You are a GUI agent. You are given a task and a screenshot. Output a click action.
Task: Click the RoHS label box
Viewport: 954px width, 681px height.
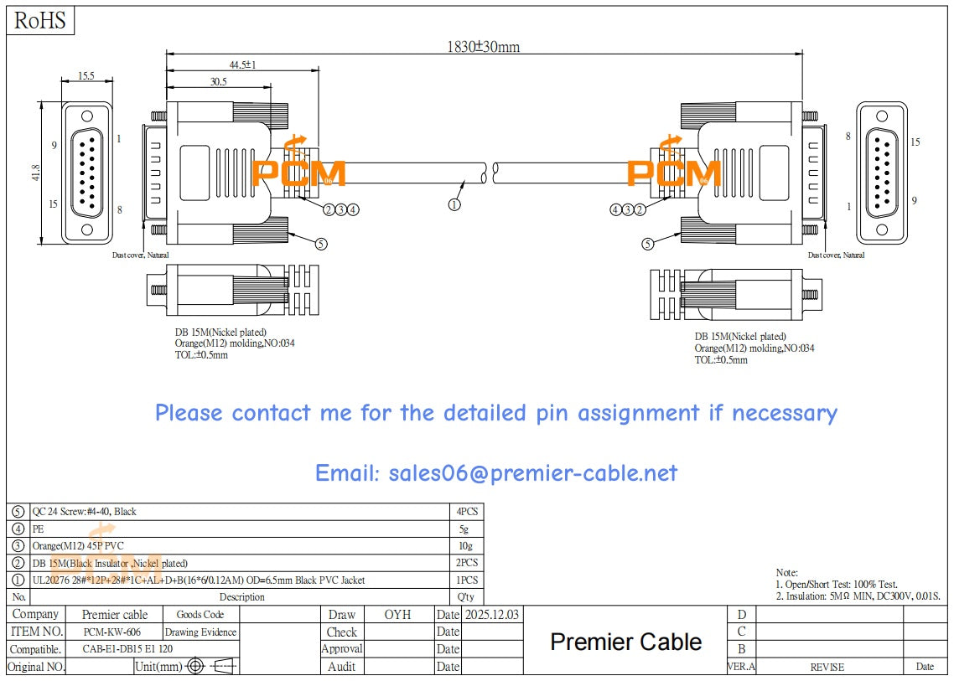tap(40, 21)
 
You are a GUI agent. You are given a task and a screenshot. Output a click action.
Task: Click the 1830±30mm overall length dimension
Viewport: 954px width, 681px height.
tap(482, 47)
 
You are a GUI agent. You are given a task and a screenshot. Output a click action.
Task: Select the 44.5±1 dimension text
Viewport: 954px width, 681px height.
tap(242, 64)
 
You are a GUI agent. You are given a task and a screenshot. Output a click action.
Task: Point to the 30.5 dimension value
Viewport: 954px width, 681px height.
tap(219, 82)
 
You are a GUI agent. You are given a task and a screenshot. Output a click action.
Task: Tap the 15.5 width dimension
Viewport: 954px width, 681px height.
tap(86, 76)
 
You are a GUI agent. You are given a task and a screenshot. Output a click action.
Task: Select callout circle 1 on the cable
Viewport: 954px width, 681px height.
tap(454, 204)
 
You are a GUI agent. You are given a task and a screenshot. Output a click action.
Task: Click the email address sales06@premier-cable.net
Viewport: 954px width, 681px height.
tap(495, 473)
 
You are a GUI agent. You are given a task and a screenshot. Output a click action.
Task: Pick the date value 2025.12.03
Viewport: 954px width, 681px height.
tap(492, 614)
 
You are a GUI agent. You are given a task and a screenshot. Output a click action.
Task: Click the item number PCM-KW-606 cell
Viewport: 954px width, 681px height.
tap(112, 632)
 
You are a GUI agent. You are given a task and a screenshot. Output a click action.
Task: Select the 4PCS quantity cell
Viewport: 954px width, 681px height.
tap(466, 511)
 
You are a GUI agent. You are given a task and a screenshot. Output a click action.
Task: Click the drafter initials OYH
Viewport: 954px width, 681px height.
tap(397, 614)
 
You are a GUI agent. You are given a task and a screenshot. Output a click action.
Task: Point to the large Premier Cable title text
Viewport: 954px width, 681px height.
tap(625, 642)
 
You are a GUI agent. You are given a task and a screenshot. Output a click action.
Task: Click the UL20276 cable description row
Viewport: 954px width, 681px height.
tap(198, 580)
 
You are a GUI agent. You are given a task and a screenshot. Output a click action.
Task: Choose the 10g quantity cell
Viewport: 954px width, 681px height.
tap(466, 545)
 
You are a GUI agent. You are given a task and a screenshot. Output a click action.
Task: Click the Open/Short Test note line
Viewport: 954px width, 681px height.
tap(836, 584)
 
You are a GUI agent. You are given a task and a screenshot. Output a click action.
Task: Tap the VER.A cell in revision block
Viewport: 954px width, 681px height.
tap(741, 667)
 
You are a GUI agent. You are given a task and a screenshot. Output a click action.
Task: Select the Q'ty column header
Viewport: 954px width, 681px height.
tap(466, 597)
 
